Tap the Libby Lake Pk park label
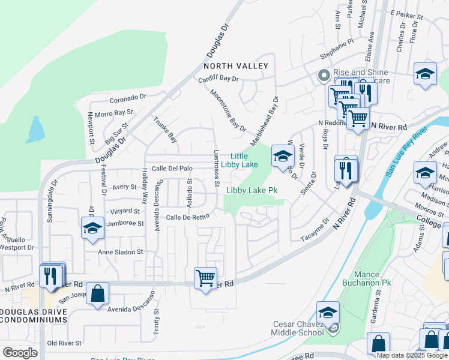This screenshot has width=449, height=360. [x=252, y=191]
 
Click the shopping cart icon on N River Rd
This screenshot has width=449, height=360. [x=205, y=279]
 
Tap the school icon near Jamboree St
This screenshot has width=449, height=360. [x=92, y=229]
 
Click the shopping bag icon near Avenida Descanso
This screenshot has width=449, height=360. [x=97, y=294]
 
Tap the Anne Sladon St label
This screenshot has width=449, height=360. [x=121, y=253]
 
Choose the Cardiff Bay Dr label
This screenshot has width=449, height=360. [x=218, y=79]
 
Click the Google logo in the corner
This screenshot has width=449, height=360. [x=20, y=352]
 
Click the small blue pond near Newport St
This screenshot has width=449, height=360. [x=35, y=128]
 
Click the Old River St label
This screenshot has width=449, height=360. [x=64, y=343]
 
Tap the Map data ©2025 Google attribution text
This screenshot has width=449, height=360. [x=412, y=355]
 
